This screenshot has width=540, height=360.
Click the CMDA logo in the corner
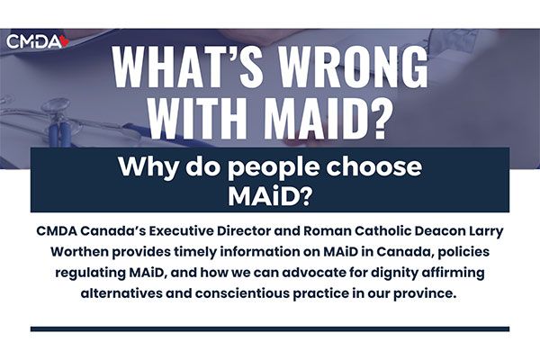38,41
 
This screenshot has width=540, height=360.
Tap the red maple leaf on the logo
65,41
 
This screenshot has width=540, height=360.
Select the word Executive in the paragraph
181,230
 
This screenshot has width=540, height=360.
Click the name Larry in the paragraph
486,231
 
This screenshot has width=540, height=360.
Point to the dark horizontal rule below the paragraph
270,329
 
